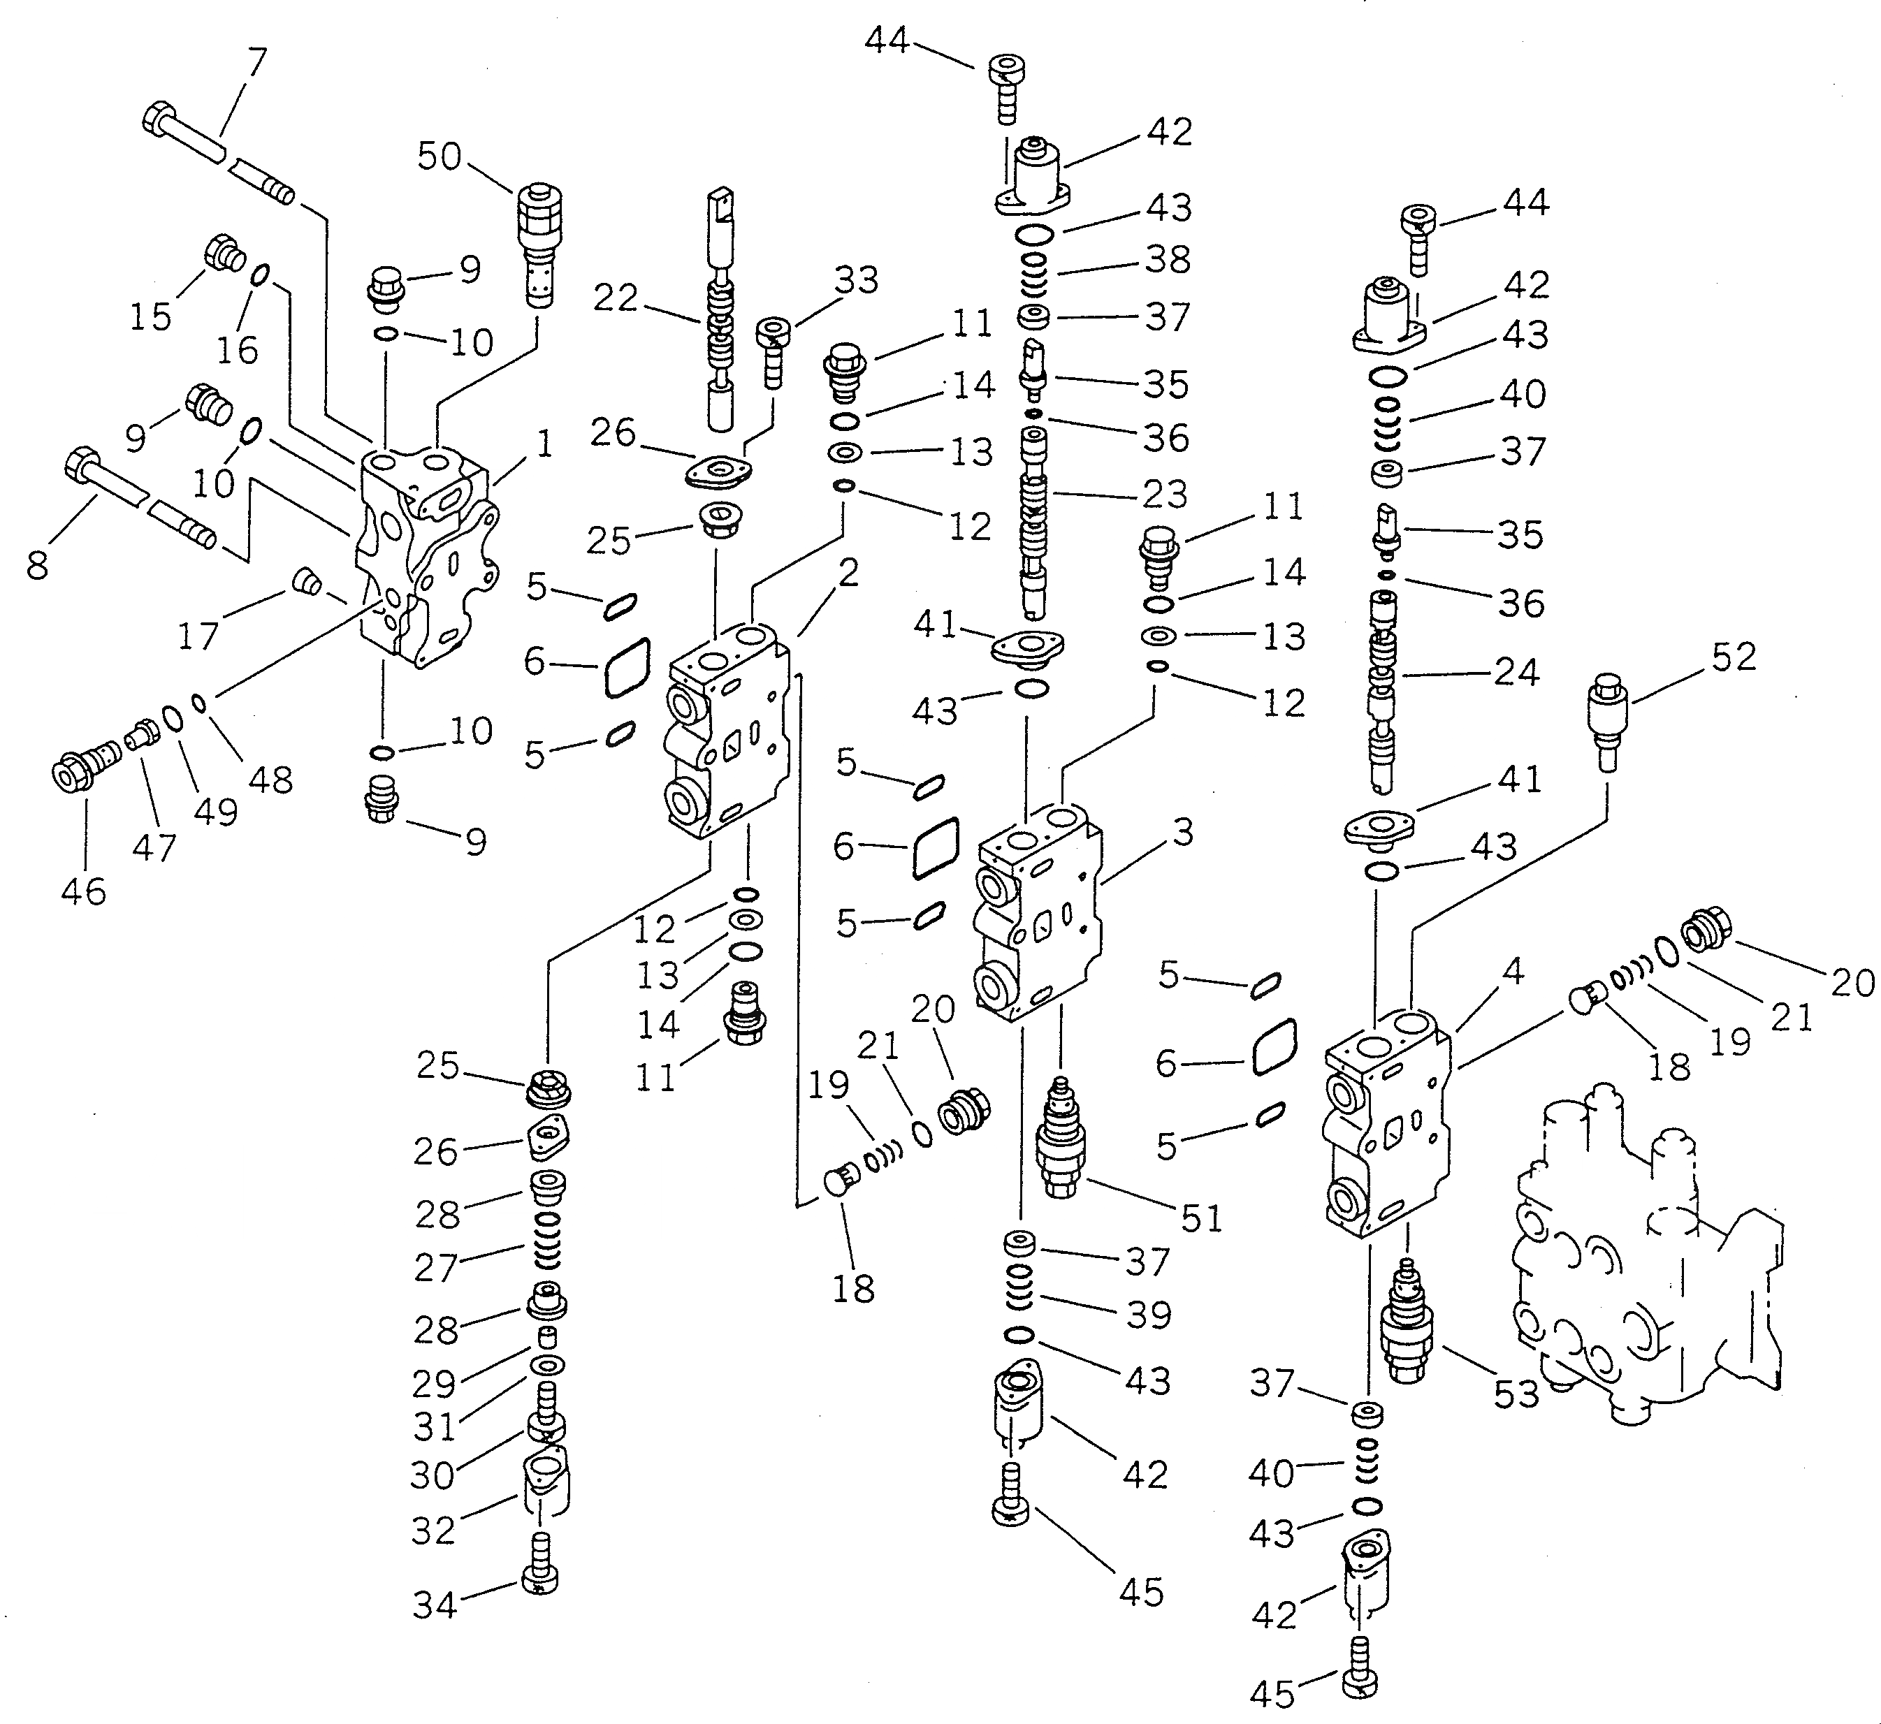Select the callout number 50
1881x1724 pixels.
pyautogui.click(x=439, y=156)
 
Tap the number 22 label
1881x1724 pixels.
pyautogui.click(x=616, y=298)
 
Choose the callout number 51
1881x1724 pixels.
pyautogui.click(x=1201, y=1218)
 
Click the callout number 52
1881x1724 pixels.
pyautogui.click(x=1734, y=658)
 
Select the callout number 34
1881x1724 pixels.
pyautogui.click(x=435, y=1605)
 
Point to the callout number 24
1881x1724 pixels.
pyautogui.click(x=1516, y=672)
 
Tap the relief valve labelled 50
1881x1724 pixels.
pyautogui.click(x=538, y=242)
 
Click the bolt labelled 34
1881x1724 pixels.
pyautogui.click(x=541, y=1577)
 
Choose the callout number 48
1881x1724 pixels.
pyautogui.click(x=270, y=779)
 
